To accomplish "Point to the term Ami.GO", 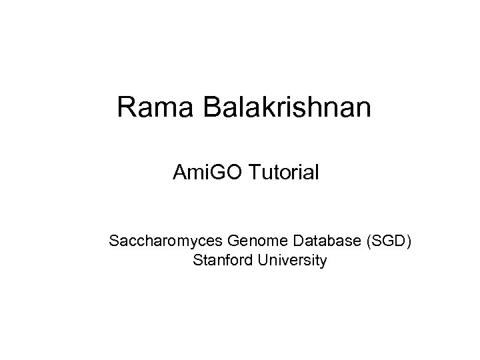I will (209, 173).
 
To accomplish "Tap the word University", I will (290, 260).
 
